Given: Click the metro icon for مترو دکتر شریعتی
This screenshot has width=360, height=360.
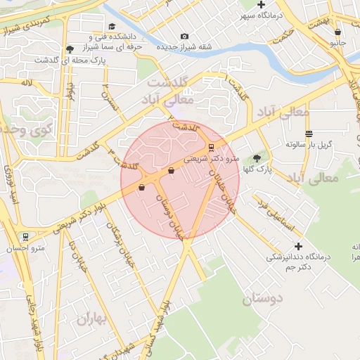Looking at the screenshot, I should point(211,148).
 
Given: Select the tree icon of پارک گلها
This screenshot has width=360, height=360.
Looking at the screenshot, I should point(256,159).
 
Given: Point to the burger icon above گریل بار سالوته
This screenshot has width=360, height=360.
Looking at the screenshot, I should point(309,134).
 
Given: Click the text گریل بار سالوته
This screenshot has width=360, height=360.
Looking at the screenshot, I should point(309,144).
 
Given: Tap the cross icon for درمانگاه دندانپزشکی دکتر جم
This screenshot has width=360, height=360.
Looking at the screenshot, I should point(299,246).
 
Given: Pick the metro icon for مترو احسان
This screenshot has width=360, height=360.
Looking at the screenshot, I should point(26,237).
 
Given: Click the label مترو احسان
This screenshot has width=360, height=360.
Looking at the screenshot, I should point(29,247).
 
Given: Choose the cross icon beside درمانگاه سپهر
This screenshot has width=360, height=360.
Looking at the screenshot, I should point(262,4).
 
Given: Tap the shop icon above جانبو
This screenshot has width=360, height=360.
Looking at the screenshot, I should point(338,32).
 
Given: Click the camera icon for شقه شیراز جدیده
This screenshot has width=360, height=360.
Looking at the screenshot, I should point(184,37).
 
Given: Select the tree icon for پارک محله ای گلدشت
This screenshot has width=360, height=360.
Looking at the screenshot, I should point(69,49).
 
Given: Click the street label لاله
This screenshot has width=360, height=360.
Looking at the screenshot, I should point(27,83).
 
